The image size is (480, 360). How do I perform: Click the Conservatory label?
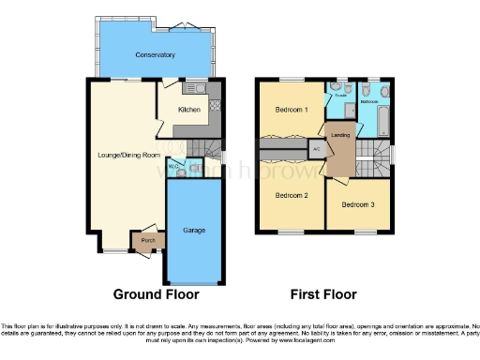(x=155, y=54)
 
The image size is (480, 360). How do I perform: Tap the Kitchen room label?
(x=189, y=110)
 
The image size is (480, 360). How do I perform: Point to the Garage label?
(x=194, y=230)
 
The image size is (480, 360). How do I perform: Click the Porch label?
(x=147, y=241)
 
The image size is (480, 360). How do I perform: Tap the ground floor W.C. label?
(x=172, y=169)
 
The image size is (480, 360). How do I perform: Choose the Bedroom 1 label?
(x=291, y=110)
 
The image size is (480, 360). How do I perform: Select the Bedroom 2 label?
(x=291, y=195)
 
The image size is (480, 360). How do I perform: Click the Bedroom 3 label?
(x=357, y=204)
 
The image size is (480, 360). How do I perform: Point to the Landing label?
(x=343, y=135)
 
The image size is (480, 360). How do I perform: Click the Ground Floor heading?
(x=157, y=294)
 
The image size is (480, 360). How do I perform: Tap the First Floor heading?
(x=324, y=294)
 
